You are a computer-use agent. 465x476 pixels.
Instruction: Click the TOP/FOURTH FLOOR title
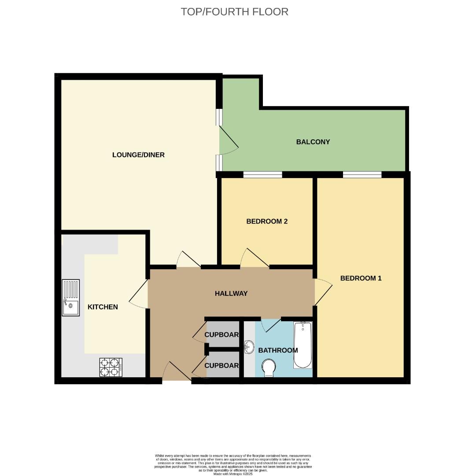click(x=234, y=12)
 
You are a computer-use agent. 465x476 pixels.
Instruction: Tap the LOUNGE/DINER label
click(x=138, y=155)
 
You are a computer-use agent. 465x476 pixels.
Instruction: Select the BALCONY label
click(x=313, y=142)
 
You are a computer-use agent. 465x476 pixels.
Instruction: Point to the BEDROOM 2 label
click(x=267, y=221)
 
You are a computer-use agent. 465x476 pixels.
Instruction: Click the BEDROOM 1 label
click(x=361, y=278)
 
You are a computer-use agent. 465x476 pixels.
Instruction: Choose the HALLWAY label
click(x=231, y=294)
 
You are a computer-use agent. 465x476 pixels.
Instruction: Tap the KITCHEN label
click(x=103, y=307)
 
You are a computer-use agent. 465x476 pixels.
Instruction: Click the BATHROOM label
click(x=278, y=350)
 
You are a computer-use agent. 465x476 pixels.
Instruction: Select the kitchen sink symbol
click(x=71, y=297)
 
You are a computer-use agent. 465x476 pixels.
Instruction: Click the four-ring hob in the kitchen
click(x=111, y=367)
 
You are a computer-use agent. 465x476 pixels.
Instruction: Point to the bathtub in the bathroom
click(x=303, y=345)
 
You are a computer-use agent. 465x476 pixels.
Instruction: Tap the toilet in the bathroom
click(x=268, y=368)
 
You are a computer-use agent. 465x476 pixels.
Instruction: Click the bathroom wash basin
click(x=249, y=347)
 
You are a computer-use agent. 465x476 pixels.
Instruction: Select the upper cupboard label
click(x=222, y=335)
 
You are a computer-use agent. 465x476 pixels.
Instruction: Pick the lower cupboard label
click(x=222, y=366)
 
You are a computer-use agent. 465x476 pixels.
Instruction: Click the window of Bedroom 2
click(x=262, y=175)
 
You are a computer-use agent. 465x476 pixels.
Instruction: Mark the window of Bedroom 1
click(x=362, y=175)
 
